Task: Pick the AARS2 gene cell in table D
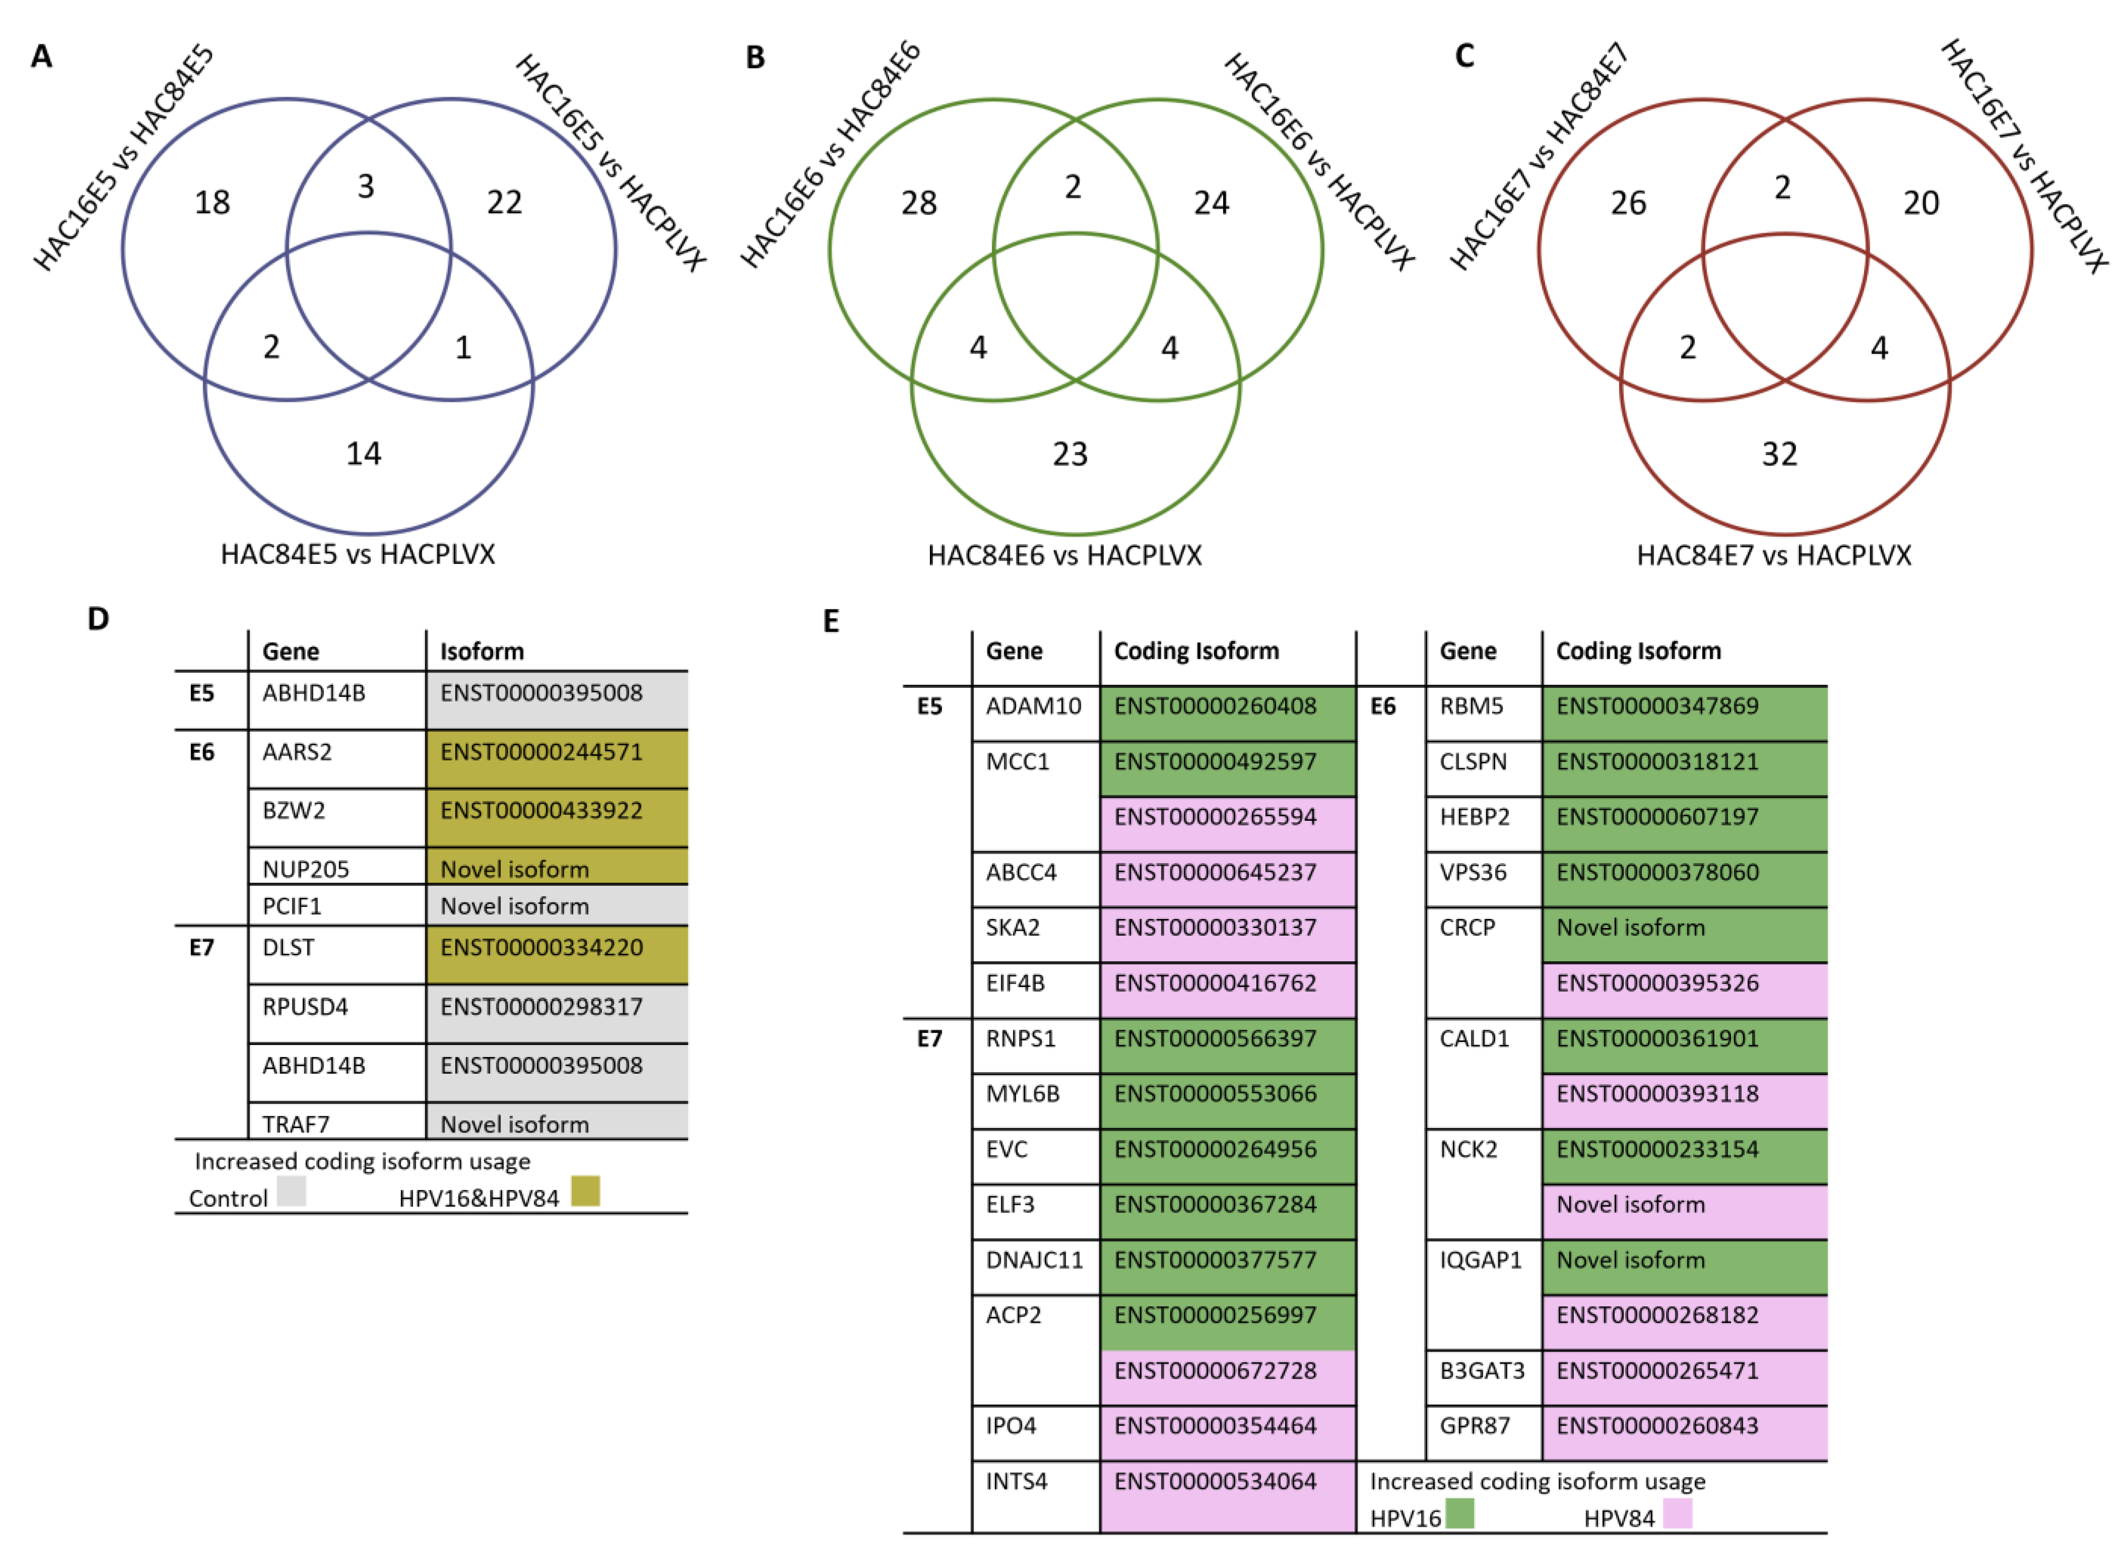[297, 752]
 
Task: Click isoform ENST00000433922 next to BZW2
[542, 811]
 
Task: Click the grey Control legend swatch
[291, 1191]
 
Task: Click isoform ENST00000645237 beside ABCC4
[1215, 873]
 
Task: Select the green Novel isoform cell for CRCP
[1631, 928]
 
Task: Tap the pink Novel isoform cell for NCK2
[1631, 1206]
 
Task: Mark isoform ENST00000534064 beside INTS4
[1215, 1482]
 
